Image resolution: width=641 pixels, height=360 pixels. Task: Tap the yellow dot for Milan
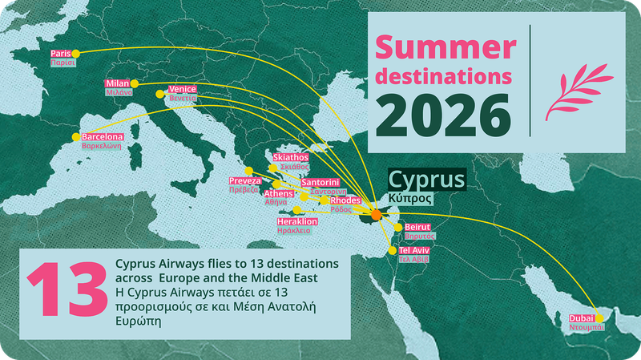point(135,83)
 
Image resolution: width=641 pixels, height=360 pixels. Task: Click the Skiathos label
point(291,158)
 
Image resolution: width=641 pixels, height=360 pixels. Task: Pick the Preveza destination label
point(245,182)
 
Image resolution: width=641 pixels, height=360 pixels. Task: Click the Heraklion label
point(297,221)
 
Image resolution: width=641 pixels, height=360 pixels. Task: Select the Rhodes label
point(334,200)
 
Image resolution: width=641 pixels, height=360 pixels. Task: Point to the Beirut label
point(418,228)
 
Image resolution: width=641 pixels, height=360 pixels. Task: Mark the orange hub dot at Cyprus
point(377,215)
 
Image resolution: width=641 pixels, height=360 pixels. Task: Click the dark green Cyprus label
point(426,178)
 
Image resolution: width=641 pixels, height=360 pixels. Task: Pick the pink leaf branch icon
point(577,91)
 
